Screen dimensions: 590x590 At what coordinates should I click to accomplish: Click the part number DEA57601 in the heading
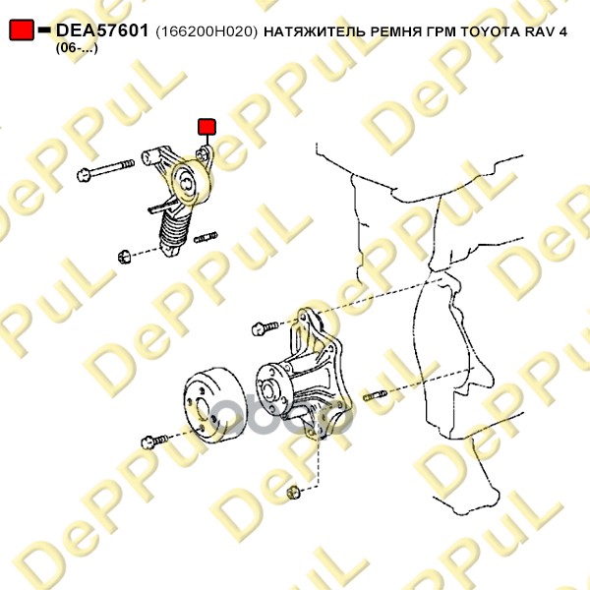(102, 30)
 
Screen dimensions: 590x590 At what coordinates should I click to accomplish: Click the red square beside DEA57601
(22, 29)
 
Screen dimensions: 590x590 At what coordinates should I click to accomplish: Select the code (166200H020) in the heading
(206, 31)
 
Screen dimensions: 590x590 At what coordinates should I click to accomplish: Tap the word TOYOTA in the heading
(489, 31)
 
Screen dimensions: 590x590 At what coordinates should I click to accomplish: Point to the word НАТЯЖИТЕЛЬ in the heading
(315, 31)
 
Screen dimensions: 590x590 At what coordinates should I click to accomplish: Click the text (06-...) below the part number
(77, 48)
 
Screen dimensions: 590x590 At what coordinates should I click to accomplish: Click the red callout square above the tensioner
(206, 127)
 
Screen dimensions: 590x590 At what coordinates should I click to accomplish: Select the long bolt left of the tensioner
(105, 170)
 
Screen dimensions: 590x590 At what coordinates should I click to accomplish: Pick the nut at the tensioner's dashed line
(125, 257)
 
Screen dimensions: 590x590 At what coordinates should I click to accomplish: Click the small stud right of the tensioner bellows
(206, 237)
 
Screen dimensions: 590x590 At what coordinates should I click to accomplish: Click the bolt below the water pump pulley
(154, 442)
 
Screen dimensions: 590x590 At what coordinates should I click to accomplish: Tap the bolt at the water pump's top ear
(265, 327)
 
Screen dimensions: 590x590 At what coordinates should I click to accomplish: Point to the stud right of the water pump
(375, 395)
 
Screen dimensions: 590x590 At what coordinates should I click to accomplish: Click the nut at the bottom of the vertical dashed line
(293, 493)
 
